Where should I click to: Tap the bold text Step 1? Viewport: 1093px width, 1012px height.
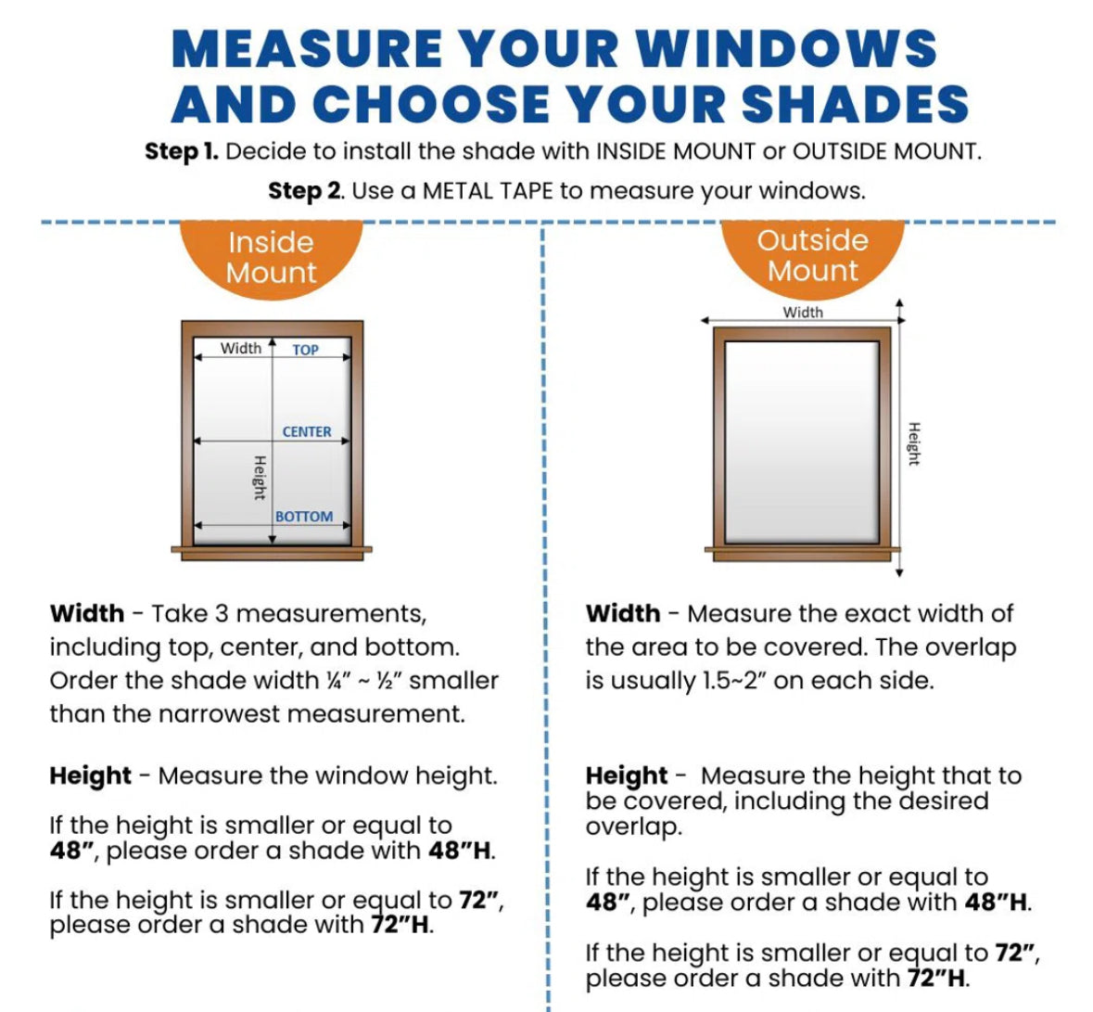(x=181, y=151)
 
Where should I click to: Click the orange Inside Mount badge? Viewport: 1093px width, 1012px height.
(x=271, y=257)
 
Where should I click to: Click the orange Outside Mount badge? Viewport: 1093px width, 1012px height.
(x=812, y=255)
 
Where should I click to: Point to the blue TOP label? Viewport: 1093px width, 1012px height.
(x=305, y=350)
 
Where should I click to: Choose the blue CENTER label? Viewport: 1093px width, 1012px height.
(x=307, y=431)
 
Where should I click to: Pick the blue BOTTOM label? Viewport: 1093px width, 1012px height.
(x=303, y=516)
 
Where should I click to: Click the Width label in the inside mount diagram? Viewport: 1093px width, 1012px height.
(x=240, y=348)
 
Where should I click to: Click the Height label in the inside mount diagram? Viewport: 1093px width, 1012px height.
(x=260, y=477)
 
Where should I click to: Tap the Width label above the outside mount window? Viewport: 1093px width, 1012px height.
(x=802, y=312)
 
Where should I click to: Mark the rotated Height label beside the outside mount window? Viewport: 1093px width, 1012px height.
(x=914, y=443)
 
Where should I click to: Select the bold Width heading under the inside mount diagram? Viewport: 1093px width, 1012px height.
(x=87, y=614)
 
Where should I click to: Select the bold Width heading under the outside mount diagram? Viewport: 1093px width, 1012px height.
(x=623, y=614)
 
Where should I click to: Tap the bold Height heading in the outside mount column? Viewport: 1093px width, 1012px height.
(x=627, y=775)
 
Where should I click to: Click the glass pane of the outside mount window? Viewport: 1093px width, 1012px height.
(x=801, y=442)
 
